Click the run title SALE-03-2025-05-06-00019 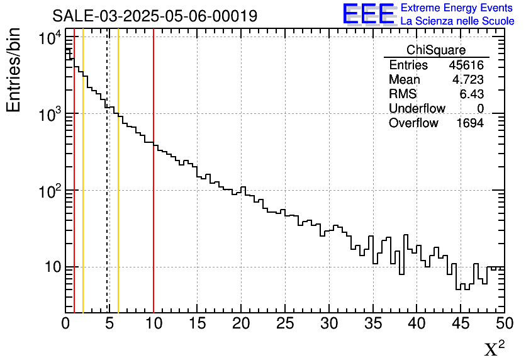tap(155, 16)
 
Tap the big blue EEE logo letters tap(368, 14)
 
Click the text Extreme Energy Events tap(457, 8)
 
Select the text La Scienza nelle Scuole tap(457, 21)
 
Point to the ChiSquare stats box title tap(436, 50)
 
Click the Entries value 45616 tap(466, 65)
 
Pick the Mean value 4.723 tap(467, 80)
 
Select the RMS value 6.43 tap(471, 94)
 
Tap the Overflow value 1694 tap(469, 123)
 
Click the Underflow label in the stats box tap(417, 109)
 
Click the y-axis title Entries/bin tap(14, 70)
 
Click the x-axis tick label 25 tap(285, 323)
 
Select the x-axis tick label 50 tap(503, 323)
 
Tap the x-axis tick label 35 tap(373, 323)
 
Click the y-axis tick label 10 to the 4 tap(49, 39)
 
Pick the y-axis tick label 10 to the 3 tap(49, 116)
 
